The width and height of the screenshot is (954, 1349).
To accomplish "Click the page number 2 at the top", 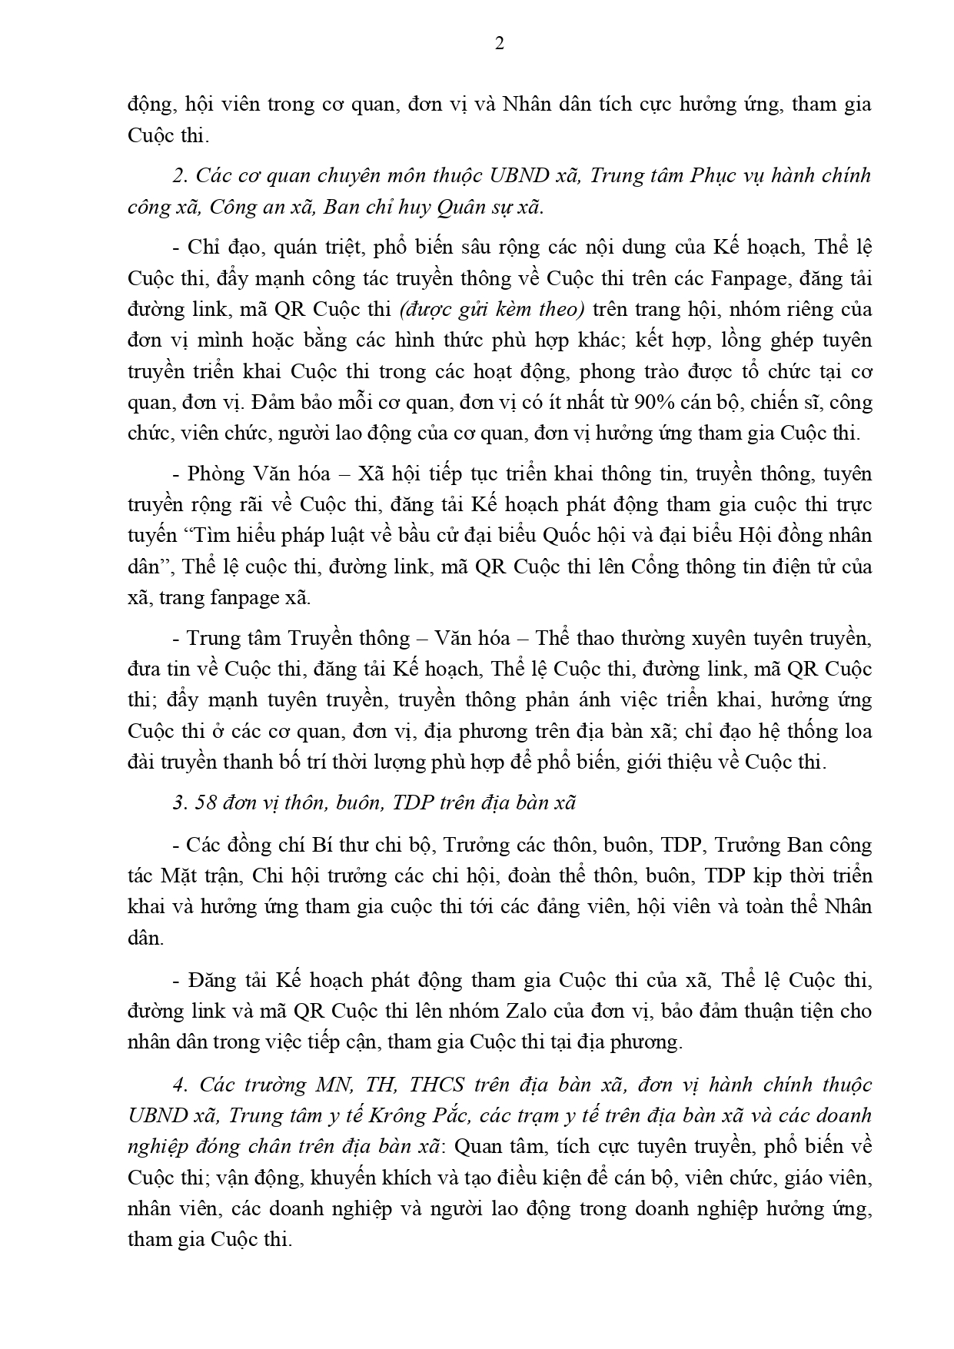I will click(499, 44).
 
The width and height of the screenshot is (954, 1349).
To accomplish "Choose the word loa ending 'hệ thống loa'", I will click(856, 730).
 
